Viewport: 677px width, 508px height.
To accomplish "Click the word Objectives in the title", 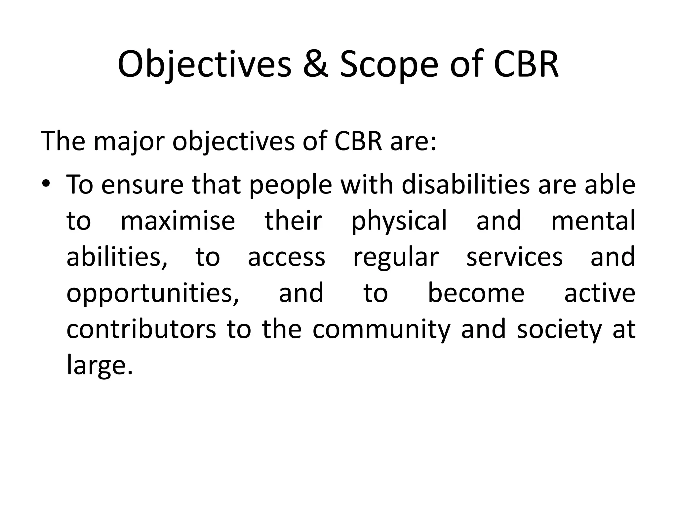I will pyautogui.click(x=204, y=64).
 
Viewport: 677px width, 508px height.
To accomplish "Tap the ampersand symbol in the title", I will pyautogui.click(x=315, y=64).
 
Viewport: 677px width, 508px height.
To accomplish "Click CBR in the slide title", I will pyautogui.click(x=526, y=64).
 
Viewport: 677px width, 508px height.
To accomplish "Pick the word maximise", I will pyautogui.click(x=178, y=221).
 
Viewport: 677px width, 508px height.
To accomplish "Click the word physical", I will pyautogui.click(x=399, y=221).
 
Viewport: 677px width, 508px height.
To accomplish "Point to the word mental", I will pyautogui.click(x=593, y=221).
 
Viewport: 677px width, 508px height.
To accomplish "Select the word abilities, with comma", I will pyautogui.click(x=117, y=257).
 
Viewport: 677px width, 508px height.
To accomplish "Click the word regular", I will pyautogui.click(x=396, y=257).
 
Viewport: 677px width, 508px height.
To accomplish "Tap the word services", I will pyautogui.click(x=514, y=257).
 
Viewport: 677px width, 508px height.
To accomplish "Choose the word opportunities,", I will pyautogui.click(x=153, y=293).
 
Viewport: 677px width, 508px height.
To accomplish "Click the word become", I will pyautogui.click(x=476, y=293).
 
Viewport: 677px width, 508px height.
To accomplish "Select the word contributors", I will pyautogui.click(x=141, y=329).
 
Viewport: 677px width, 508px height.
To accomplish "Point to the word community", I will pyautogui.click(x=381, y=329).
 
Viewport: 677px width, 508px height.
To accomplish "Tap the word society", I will pyautogui.click(x=559, y=329).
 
